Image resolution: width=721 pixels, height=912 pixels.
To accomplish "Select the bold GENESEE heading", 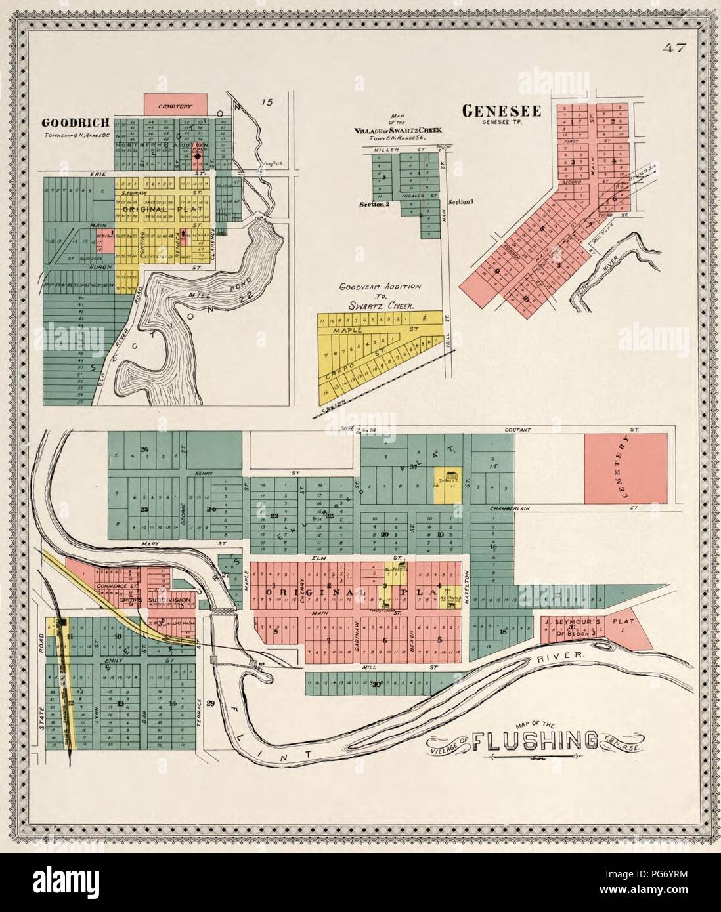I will [x=502, y=112].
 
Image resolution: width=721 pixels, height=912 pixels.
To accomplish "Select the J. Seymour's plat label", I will [x=578, y=621].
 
